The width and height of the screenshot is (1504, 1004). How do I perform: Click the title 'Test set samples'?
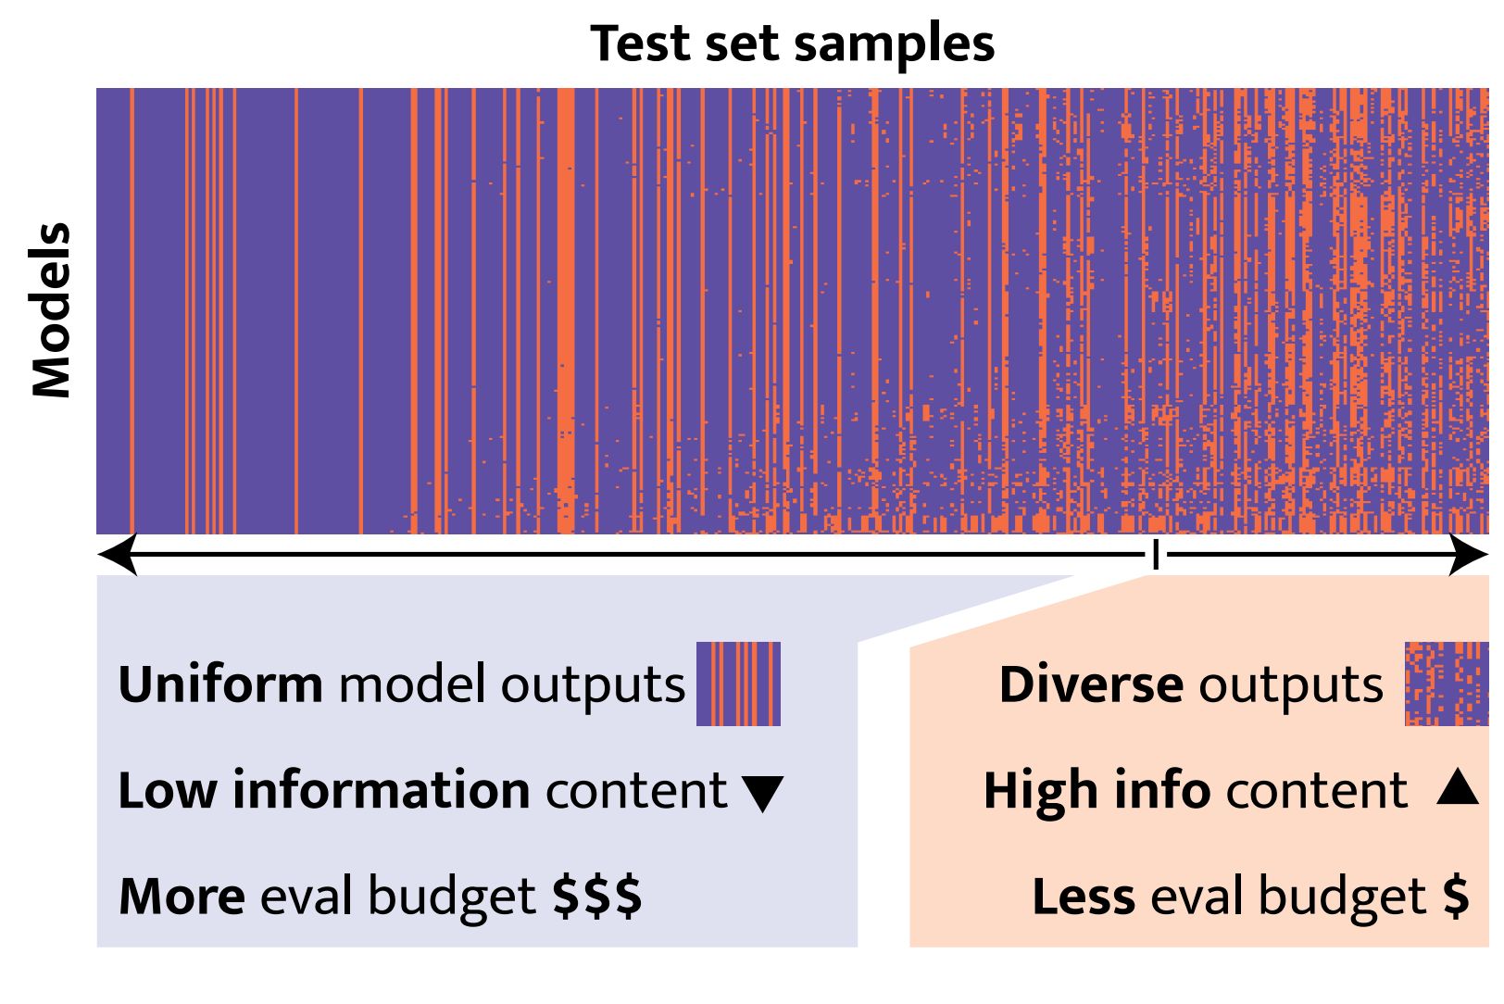click(x=792, y=44)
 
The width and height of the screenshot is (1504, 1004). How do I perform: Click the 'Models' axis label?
click(x=52, y=310)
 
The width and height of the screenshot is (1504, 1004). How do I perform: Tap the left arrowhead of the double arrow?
click(x=118, y=555)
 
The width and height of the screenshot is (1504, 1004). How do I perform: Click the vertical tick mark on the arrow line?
click(x=1155, y=555)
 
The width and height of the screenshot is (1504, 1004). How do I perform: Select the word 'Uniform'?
click(x=220, y=684)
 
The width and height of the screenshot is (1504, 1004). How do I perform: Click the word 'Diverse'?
click(x=1090, y=684)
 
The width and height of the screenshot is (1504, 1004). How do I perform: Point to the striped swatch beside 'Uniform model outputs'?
click(x=738, y=684)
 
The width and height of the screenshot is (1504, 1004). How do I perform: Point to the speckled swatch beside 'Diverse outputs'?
click(x=1446, y=684)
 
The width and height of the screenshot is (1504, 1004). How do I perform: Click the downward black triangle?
click(x=763, y=794)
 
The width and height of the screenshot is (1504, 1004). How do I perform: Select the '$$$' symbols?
click(x=596, y=897)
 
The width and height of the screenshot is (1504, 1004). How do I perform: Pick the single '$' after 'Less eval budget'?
click(x=1456, y=897)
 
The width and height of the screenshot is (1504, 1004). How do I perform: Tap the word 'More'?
click(x=182, y=897)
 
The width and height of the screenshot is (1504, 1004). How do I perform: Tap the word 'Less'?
click(x=1083, y=897)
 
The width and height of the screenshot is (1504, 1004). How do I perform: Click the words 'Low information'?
click(x=323, y=791)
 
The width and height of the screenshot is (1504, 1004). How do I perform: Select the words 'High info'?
click(x=1097, y=791)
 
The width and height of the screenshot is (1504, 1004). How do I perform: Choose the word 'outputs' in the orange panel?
click(x=1290, y=686)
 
